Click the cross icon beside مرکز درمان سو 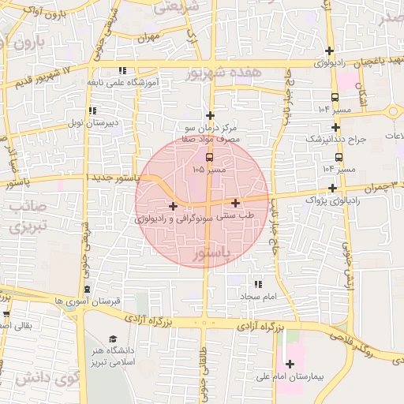[x=210, y=115]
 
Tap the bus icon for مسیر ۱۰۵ [x=209, y=156]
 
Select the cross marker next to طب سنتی [x=236, y=203]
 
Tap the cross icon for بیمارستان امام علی [x=290, y=365]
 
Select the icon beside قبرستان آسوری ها [x=88, y=290]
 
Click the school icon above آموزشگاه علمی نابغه [x=122, y=70]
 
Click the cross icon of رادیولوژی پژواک [x=334, y=188]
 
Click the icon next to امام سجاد [x=257, y=284]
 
